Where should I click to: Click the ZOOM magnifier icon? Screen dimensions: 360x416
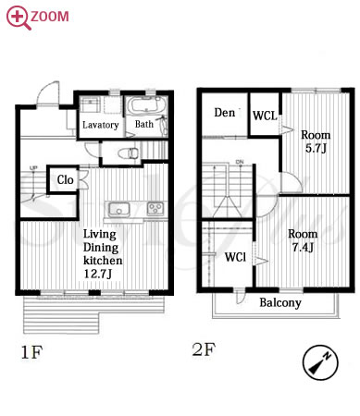pyautogui.click(x=19, y=18)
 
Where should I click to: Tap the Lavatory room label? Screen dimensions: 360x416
pyautogui.click(x=101, y=125)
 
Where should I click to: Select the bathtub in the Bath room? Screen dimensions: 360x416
pyautogui.click(x=146, y=106)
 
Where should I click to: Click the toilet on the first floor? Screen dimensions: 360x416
pyautogui.click(x=129, y=153)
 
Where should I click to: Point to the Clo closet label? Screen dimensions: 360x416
pyautogui.click(x=65, y=179)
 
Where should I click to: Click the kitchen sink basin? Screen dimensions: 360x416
pyautogui.click(x=118, y=209)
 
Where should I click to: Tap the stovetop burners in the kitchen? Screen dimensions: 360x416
pyautogui.click(x=155, y=208)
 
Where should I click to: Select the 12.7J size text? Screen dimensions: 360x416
pyautogui.click(x=98, y=274)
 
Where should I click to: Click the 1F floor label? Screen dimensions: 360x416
pyautogui.click(x=31, y=352)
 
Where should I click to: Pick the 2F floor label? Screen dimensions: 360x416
pyautogui.click(x=204, y=349)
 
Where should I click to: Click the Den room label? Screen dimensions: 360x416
pyautogui.click(x=225, y=113)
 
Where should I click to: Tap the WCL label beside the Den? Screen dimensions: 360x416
pyautogui.click(x=265, y=116)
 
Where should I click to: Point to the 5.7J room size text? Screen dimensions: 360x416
pyautogui.click(x=317, y=149)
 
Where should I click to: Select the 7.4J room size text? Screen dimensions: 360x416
pyautogui.click(x=303, y=247)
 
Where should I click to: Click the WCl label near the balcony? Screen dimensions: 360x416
pyautogui.click(x=235, y=257)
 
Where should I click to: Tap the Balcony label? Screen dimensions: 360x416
pyautogui.click(x=280, y=302)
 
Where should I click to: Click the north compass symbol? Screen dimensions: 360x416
pyautogui.click(x=320, y=362)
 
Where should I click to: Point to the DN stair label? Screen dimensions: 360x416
pyautogui.click(x=240, y=162)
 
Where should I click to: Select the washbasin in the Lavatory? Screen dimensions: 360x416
pyautogui.click(x=90, y=104)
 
